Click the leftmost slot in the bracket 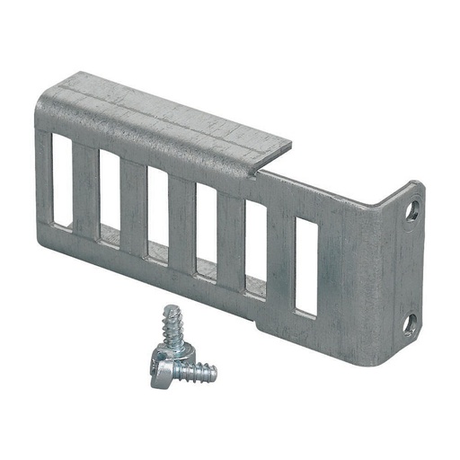(62, 181)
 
